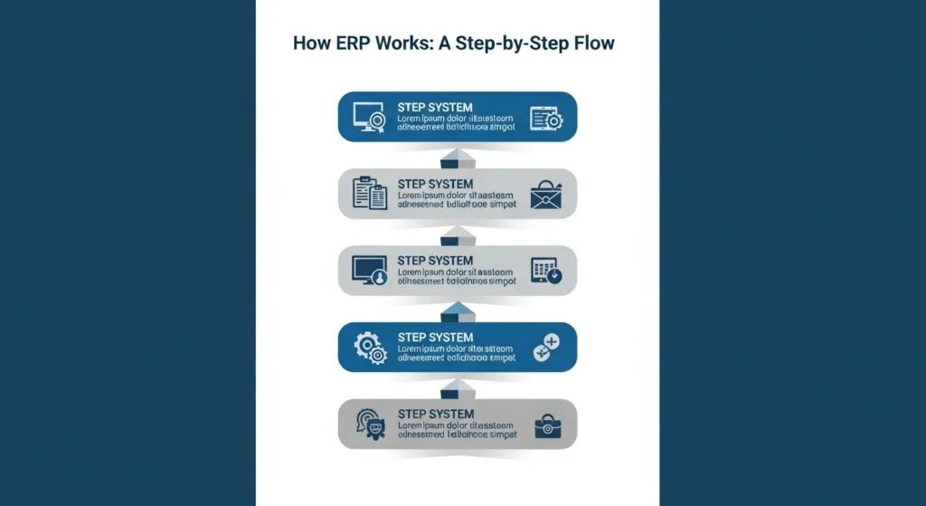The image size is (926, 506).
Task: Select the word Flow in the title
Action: [593, 43]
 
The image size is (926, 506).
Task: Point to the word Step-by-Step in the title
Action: [513, 43]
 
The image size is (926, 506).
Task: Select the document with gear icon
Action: [546, 118]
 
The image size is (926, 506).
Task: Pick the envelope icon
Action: [546, 195]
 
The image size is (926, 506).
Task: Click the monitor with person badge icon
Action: [368, 270]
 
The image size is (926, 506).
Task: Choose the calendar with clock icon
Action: [545, 271]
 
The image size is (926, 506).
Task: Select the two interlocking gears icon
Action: [370, 347]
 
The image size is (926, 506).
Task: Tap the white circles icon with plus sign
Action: [546, 348]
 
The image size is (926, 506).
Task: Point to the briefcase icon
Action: [545, 425]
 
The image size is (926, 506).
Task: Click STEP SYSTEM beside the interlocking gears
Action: [435, 337]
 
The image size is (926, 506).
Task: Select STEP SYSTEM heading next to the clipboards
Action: [435, 184]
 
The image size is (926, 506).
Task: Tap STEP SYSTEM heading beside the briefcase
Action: [435, 414]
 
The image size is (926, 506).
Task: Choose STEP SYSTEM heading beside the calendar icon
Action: [435, 261]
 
